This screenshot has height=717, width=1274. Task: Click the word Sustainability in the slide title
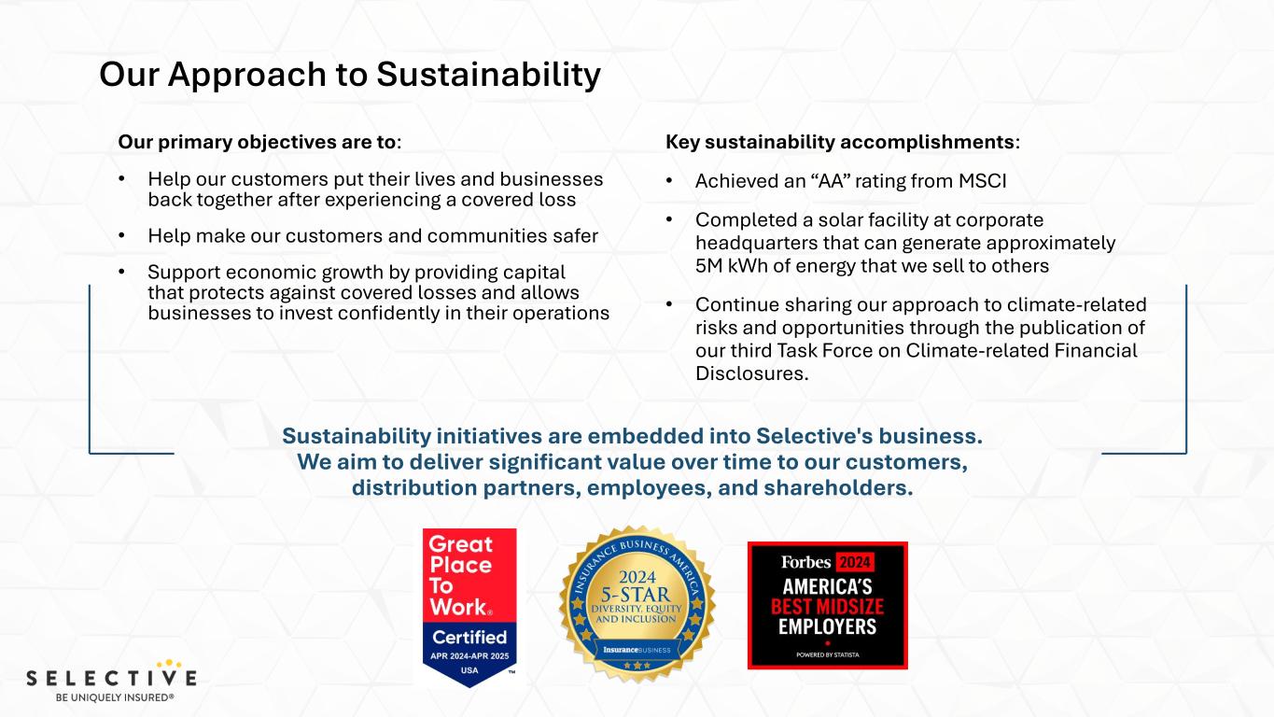(488, 75)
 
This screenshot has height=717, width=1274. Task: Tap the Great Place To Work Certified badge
(469, 607)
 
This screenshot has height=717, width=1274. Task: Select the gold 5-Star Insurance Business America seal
(637, 604)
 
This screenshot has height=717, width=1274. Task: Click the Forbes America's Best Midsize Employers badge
(828, 606)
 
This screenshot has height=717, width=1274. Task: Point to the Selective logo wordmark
(111, 678)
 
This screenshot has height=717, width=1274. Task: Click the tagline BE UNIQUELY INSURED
(114, 697)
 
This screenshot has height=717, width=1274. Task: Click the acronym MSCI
(982, 181)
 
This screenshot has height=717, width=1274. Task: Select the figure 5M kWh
(731, 266)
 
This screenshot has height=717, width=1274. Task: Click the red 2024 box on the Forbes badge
(855, 563)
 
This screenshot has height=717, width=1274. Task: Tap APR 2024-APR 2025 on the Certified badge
(469, 656)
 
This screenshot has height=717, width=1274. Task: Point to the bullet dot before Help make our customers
(121, 235)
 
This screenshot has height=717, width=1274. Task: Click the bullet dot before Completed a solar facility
(669, 219)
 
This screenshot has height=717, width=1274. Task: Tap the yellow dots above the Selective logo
(169, 664)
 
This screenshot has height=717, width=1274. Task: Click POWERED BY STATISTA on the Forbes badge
(828, 655)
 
